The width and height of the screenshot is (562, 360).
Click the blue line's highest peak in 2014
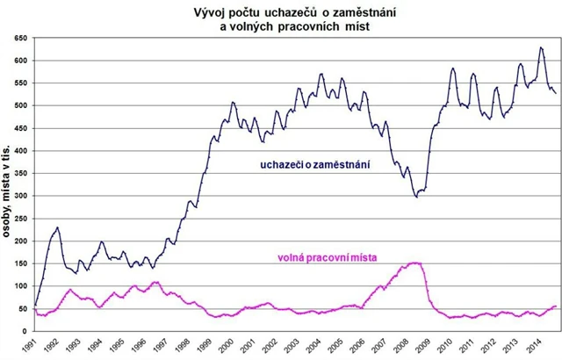[x=541, y=47]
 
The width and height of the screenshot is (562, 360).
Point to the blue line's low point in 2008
[x=416, y=197]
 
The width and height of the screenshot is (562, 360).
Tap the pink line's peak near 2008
[x=415, y=263]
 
